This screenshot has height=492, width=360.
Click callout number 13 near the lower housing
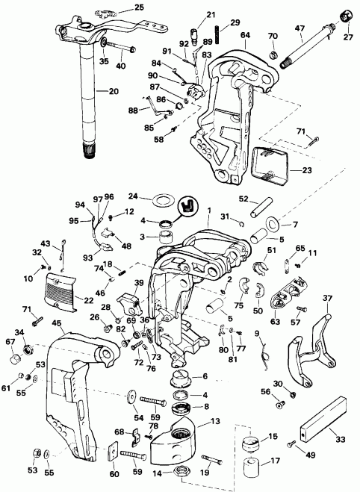point(216,421)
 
